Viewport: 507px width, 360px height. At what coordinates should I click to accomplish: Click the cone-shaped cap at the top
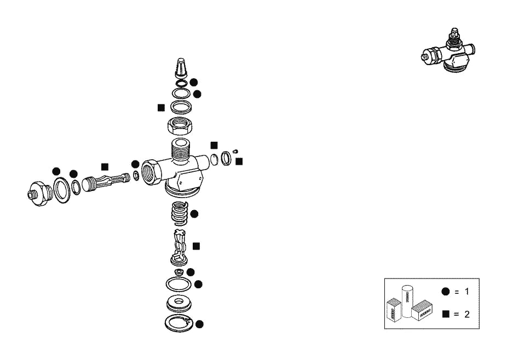coord(181,68)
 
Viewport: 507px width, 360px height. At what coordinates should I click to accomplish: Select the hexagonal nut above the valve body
coord(180,126)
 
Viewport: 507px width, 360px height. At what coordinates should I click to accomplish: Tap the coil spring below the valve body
coord(180,213)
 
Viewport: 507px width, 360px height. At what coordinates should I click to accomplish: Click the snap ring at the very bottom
coord(179,323)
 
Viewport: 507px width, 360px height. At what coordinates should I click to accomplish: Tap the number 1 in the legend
coord(466,292)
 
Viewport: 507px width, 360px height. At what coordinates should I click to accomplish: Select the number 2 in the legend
coord(466,314)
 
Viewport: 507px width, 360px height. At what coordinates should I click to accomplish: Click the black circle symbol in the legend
coord(446,292)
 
